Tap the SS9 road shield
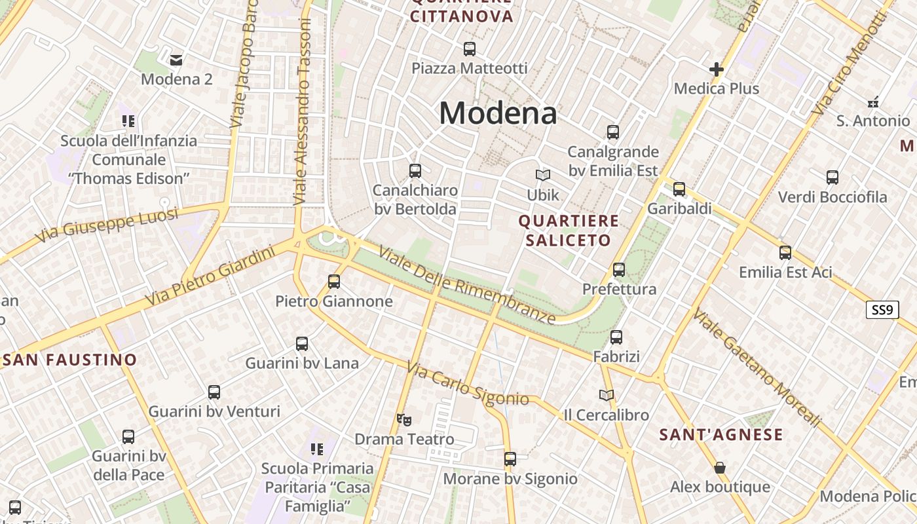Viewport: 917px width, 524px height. pos(882,310)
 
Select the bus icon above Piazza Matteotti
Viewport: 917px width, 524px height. pos(469,48)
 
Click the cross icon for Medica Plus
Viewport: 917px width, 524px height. pos(717,69)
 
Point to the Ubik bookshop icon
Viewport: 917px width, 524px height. pos(543,175)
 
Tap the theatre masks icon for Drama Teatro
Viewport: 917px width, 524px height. pos(404,419)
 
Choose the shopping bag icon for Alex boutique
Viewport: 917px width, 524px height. pos(720,468)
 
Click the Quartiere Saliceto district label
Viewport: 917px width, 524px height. pos(569,231)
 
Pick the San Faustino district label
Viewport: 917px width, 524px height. pos(70,360)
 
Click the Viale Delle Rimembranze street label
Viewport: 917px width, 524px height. pos(467,284)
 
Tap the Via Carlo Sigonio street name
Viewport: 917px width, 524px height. pos(467,383)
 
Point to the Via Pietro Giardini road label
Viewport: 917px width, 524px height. pos(210,274)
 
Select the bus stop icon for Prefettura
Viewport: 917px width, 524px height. pos(619,269)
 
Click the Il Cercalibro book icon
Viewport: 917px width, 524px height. pos(607,395)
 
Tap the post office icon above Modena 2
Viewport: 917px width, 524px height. pos(176,60)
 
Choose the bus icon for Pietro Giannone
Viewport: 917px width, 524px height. pos(334,282)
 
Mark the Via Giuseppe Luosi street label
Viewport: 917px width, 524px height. pos(107,225)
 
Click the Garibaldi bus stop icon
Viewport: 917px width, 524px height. pos(679,189)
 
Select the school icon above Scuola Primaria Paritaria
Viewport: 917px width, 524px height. pos(317,449)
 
